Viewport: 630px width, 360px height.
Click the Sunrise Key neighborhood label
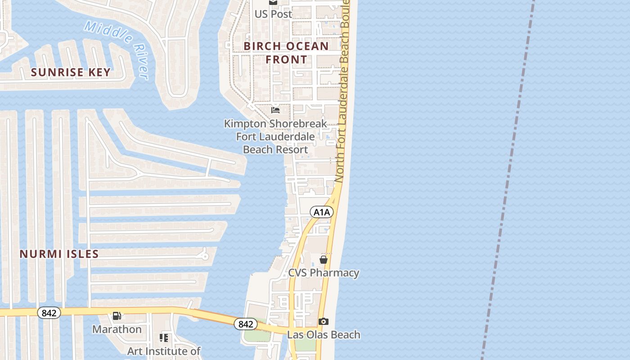point(71,72)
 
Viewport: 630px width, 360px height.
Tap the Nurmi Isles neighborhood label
point(59,254)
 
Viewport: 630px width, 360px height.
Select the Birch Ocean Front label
point(286,53)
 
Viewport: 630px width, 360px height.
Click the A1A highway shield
point(322,212)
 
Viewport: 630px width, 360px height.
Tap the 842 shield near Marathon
point(49,313)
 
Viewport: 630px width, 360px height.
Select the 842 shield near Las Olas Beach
point(245,324)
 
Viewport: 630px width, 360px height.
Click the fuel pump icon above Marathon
point(117,316)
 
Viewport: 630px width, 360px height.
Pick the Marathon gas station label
point(117,329)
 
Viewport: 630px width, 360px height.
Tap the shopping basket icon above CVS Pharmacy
point(323,259)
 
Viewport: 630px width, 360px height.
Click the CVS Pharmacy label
point(324,273)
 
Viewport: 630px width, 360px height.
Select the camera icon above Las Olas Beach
point(323,321)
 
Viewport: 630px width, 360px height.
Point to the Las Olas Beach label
point(324,335)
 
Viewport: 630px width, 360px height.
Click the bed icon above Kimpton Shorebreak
point(275,109)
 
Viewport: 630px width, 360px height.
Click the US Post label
point(273,14)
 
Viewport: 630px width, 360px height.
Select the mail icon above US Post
point(273,2)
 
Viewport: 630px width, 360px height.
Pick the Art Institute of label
point(164,351)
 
